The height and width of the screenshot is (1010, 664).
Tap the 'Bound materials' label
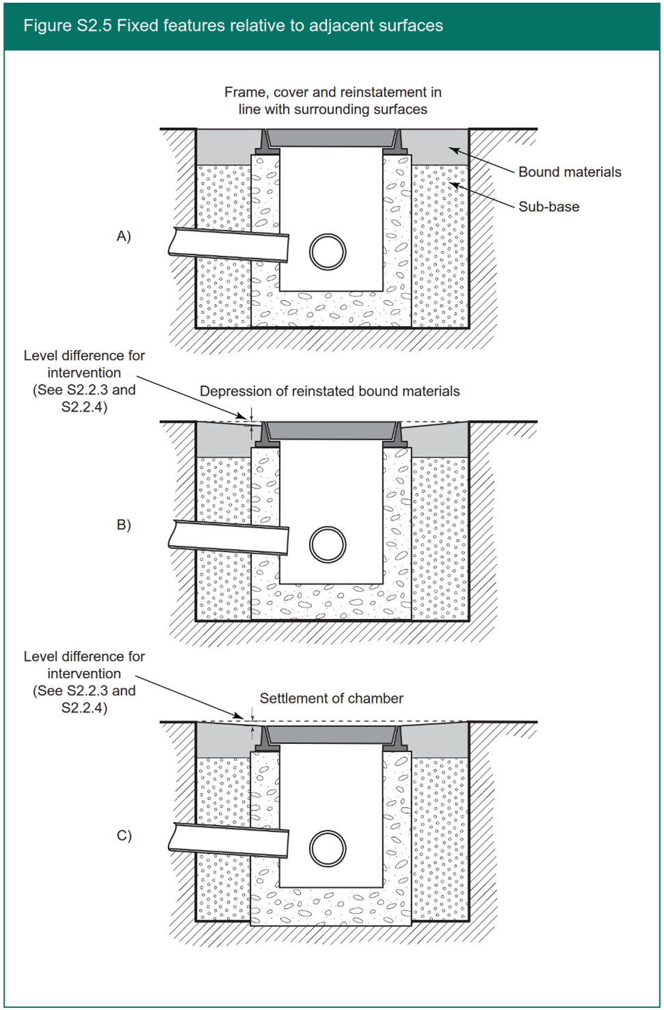[x=569, y=172]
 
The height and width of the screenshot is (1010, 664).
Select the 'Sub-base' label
[x=548, y=207]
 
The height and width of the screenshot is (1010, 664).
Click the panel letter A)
[x=124, y=237]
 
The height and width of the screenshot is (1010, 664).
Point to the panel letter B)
[x=124, y=525]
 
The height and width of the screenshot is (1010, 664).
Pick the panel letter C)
[x=124, y=836]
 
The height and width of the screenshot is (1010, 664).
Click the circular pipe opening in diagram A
[x=328, y=252]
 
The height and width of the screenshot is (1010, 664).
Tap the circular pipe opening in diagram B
[x=328, y=544]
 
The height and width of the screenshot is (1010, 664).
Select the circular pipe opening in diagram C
[x=328, y=849]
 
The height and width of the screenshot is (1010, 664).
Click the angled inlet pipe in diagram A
[x=229, y=245]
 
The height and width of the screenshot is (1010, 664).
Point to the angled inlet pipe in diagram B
[x=229, y=537]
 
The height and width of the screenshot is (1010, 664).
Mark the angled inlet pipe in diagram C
[x=229, y=840]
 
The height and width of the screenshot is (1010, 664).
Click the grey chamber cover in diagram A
[x=331, y=138]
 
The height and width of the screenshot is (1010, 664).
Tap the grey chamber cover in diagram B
[x=331, y=431]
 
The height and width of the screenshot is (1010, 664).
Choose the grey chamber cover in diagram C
[x=331, y=735]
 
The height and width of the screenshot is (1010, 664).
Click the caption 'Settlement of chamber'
[x=331, y=698]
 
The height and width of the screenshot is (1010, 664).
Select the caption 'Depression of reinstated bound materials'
[x=330, y=391]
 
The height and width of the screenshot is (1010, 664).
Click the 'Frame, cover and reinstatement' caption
[x=333, y=101]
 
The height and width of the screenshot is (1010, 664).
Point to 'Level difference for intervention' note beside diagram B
[x=84, y=381]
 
